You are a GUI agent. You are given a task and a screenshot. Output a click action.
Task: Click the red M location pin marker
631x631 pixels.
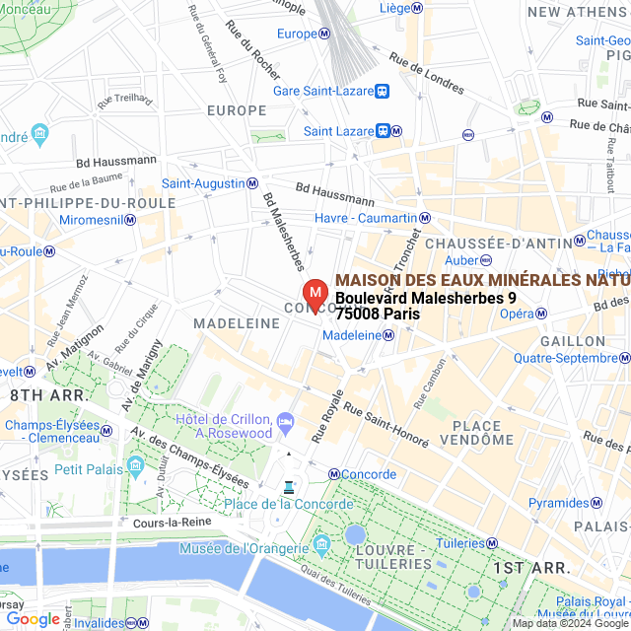point(315,294)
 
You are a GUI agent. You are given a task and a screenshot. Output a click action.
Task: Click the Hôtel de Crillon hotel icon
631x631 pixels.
point(285,421)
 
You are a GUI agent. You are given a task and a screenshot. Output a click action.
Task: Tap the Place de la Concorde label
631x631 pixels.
point(288,505)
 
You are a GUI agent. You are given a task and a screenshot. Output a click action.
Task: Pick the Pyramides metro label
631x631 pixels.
point(558,503)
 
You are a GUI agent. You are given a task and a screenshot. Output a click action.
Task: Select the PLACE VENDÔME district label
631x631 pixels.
point(469,432)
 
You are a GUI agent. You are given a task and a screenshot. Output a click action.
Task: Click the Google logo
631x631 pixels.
point(33,619)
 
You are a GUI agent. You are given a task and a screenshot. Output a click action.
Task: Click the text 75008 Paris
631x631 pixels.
point(378,315)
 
